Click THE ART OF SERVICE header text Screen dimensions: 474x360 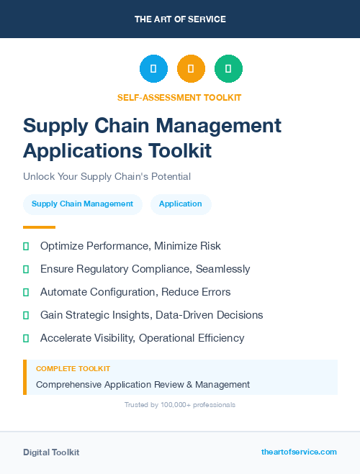(x=180, y=19)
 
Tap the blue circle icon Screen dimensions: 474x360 (x=153, y=69)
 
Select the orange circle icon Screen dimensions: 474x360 (x=191, y=69)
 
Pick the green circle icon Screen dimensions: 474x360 (x=228, y=69)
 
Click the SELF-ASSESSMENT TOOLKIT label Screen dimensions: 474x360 (x=179, y=97)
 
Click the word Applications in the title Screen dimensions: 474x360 (x=83, y=150)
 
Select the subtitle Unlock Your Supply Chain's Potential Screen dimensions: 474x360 (x=107, y=176)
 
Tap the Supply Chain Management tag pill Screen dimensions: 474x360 (x=83, y=204)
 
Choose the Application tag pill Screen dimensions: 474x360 (x=181, y=204)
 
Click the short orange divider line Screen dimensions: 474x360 (x=39, y=227)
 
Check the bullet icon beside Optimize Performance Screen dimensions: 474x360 (x=26, y=246)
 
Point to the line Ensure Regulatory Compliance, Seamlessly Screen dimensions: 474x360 (x=145, y=269)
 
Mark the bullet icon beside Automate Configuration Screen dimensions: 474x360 (x=26, y=292)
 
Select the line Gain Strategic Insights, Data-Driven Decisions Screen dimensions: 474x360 (x=151, y=315)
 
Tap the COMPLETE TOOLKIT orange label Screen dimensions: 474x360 (x=73, y=369)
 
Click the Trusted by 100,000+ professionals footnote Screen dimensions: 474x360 (x=180, y=405)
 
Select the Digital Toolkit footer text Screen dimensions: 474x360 (x=51, y=452)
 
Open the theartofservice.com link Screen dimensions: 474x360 (x=299, y=452)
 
